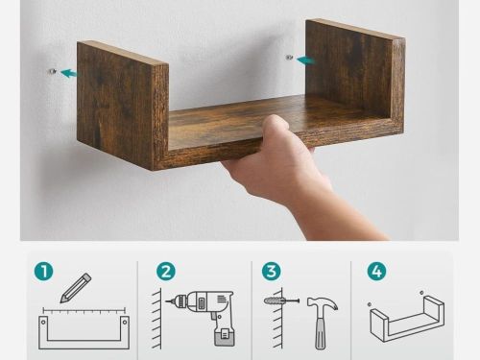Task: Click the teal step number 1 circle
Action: pos(43,272)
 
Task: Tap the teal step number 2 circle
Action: pos(166,272)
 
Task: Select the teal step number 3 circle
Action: pos(271,271)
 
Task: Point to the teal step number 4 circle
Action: pos(376,272)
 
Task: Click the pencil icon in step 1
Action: pos(76,288)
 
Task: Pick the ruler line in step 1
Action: pos(84,310)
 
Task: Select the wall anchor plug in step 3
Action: pos(273,300)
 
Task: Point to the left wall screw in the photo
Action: pos(52,71)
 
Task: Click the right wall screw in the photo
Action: pos(289,58)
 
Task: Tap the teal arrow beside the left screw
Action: pos(69,73)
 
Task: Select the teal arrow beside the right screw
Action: pos(305,60)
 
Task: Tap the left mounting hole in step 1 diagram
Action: pos(43,322)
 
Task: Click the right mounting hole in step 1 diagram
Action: pos(125,322)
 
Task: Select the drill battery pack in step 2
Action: pos(225,337)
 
